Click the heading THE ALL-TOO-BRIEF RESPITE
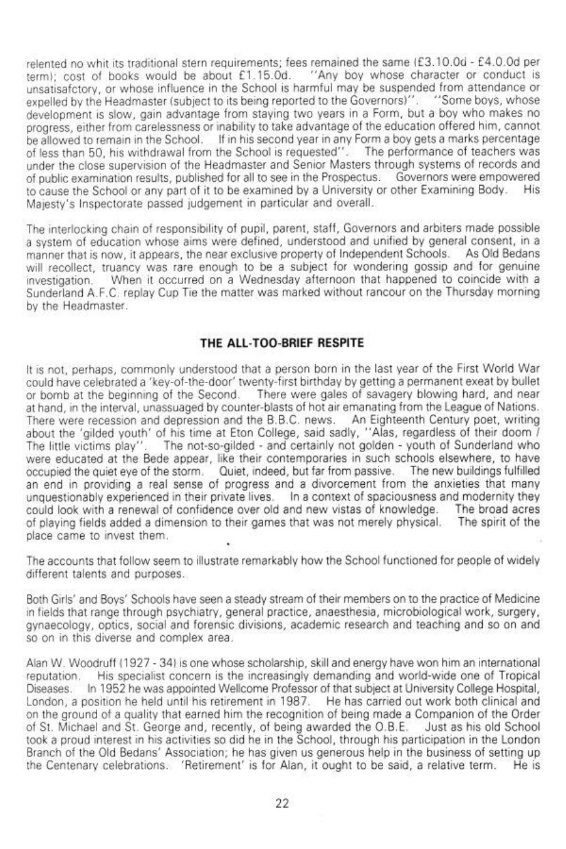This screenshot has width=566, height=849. pos(282,343)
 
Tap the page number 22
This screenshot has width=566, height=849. pos(282,804)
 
